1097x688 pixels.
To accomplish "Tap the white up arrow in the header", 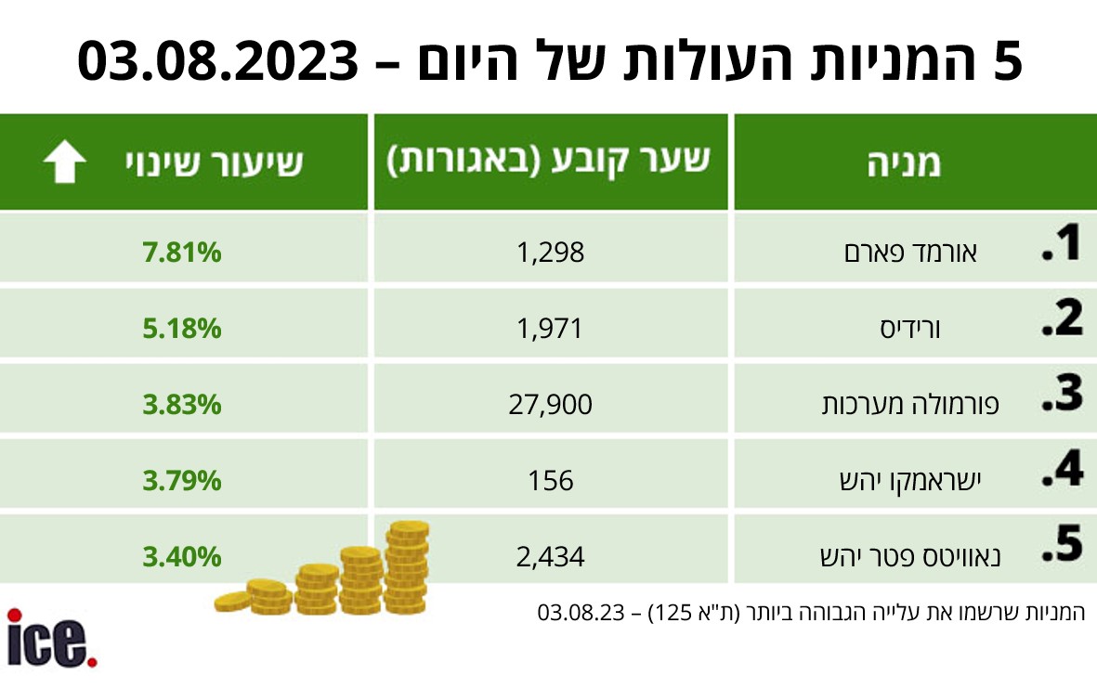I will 64,163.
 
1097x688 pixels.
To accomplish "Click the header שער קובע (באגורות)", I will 549,161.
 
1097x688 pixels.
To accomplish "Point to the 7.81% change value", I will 182,252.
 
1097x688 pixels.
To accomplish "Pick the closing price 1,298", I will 551,252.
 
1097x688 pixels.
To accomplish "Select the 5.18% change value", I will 182,328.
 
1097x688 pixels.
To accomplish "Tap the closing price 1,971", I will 551,328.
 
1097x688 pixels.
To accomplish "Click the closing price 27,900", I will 551,404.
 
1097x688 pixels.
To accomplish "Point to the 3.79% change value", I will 182,480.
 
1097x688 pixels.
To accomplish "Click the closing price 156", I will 552,480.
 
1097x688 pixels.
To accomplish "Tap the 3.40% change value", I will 182,556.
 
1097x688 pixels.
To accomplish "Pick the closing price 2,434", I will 551,556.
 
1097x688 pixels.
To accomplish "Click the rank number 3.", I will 1062,394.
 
